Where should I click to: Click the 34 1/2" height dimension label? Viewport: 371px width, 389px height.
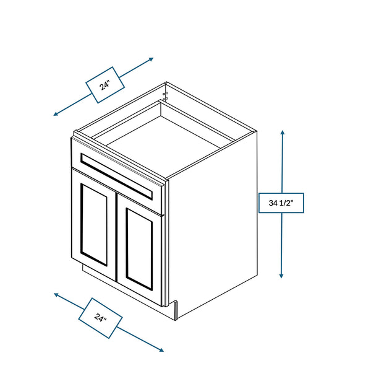pyautogui.click(x=281, y=203)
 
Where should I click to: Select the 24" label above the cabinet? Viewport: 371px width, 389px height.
pyautogui.click(x=105, y=85)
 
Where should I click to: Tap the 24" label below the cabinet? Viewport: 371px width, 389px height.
pyautogui.click(x=100, y=318)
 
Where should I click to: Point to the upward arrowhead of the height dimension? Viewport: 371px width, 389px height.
pyautogui.click(x=283, y=133)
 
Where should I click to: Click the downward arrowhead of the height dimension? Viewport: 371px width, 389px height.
pyautogui.click(x=281, y=276)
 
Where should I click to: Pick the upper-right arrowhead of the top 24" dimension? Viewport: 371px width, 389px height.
pyautogui.click(x=151, y=59)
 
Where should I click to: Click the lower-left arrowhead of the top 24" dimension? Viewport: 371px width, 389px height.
pyautogui.click(x=56, y=114)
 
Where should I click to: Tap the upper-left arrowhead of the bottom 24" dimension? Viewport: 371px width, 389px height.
pyautogui.click(x=57, y=295)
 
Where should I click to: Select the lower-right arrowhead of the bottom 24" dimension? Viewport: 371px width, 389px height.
pyautogui.click(x=161, y=350)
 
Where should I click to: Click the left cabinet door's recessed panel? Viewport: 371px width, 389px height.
pyautogui.click(x=94, y=224)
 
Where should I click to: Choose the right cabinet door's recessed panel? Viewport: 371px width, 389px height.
pyautogui.click(x=139, y=249)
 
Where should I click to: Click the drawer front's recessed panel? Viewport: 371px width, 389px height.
pyautogui.click(x=116, y=176)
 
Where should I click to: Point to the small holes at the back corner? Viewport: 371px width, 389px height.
pyautogui.click(x=166, y=96)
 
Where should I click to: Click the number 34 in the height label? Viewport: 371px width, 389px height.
pyautogui.click(x=273, y=203)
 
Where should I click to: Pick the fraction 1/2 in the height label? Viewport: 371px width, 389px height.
pyautogui.click(x=285, y=203)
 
